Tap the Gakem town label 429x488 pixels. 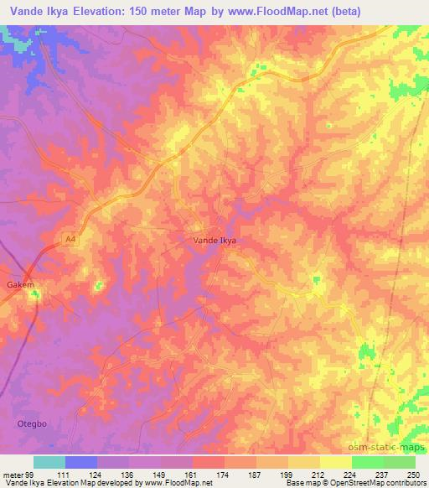(x=22, y=284)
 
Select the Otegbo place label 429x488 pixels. (x=32, y=424)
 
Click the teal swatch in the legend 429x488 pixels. (x=49, y=462)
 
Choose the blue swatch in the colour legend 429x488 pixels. (x=81, y=462)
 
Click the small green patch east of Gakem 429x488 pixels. (x=99, y=286)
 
